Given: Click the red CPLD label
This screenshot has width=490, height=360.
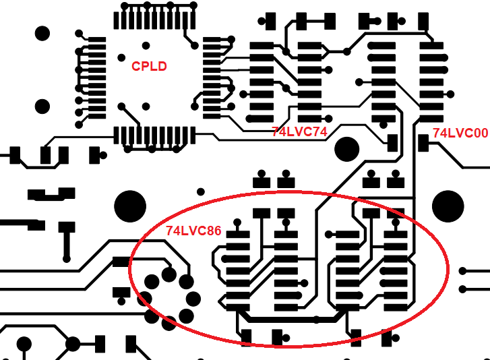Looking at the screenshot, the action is coord(149,66).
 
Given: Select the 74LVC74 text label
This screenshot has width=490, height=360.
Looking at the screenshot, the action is coord(300,132).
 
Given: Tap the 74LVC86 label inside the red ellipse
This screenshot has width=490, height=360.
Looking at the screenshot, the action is coord(193,231).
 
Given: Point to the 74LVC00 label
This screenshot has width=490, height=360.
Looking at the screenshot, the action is coord(460,133).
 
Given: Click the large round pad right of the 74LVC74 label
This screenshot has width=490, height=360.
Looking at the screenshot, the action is coord(347,150).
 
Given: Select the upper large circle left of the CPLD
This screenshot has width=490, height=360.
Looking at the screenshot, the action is coord(42,34).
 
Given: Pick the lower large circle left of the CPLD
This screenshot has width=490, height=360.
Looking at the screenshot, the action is coord(42,107).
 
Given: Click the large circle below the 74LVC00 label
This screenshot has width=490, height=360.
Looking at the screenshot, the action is coord(448,206).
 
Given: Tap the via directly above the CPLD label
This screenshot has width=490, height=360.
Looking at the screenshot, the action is coord(146,46).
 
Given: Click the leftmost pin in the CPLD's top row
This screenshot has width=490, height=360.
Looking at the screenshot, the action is coord(116,21).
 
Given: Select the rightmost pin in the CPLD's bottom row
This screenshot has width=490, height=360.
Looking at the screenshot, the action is coord(193,136).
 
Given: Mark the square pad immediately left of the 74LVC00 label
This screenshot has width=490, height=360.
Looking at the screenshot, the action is coord(423,143).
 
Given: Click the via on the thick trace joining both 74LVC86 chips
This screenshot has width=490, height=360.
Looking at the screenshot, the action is coord(316,320).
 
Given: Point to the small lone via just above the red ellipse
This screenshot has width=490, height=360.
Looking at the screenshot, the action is coord(201,191).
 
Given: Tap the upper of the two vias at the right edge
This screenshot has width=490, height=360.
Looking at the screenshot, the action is coord(463,271).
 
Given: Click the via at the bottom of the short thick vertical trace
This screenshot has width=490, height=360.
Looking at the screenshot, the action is coord(66,259).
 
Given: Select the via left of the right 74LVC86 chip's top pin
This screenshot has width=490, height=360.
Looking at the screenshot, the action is coord(328,235).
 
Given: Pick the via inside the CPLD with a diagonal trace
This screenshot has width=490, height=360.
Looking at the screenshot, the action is coord(121,107).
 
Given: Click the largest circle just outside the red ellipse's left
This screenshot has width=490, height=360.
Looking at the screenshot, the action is coord(130,206).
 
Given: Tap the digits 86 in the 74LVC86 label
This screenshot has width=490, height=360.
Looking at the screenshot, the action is coord(214,231).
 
